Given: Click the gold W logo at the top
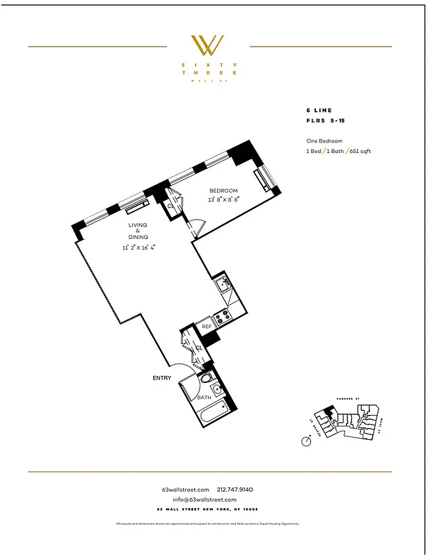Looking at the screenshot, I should click(207, 47).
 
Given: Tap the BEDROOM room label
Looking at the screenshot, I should click(223, 191).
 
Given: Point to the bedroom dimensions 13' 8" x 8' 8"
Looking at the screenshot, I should click(223, 199).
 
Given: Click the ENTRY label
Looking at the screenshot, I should click(161, 378).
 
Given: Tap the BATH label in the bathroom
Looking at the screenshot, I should click(204, 398).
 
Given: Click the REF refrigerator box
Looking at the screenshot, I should click(207, 327).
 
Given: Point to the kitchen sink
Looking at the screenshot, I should click(223, 283).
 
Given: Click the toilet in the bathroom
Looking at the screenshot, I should click(205, 379).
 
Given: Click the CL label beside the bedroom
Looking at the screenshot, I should click(170, 206).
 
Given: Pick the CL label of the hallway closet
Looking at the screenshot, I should click(198, 347).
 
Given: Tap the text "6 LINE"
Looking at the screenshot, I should click(319, 111).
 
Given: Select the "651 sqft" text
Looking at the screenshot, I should click(359, 151).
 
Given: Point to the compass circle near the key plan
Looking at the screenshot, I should click(306, 441).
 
